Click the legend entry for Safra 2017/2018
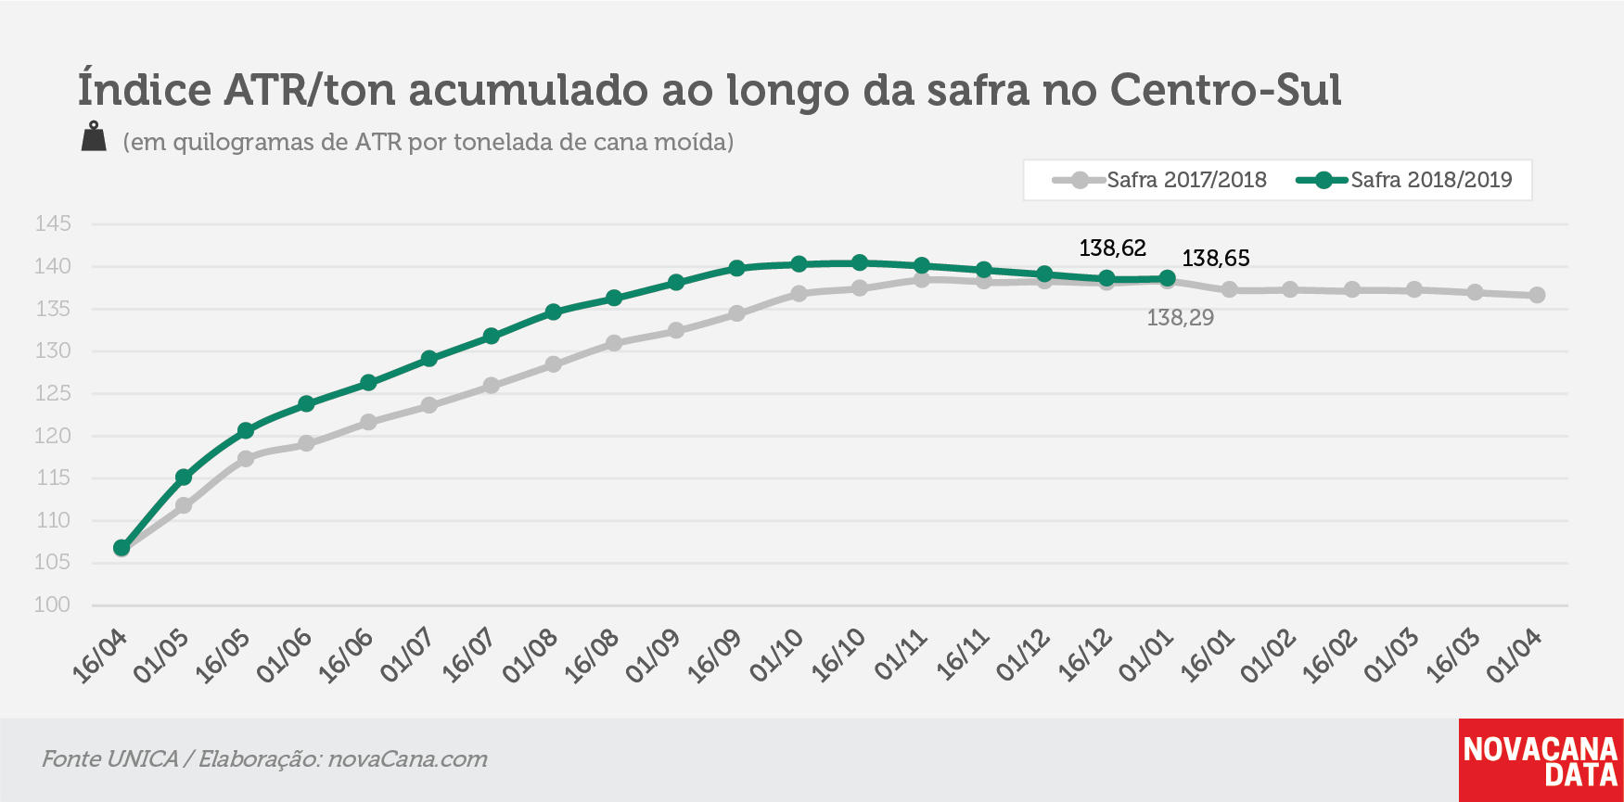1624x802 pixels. click(1159, 180)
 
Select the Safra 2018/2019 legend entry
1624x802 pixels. click(1404, 180)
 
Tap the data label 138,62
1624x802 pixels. click(1113, 248)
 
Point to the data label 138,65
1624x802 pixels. click(1216, 259)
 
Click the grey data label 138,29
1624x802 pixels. click(1181, 318)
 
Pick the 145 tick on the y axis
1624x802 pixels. click(53, 223)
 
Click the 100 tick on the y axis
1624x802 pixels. click(53, 605)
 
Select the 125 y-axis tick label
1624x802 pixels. click(53, 393)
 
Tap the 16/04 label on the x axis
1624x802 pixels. click(100, 656)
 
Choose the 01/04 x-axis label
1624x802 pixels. click(1515, 656)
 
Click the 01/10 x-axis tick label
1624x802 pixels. click(777, 656)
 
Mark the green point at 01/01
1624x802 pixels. click(1168, 278)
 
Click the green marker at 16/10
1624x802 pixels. click(860, 262)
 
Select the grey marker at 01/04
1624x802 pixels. click(1537, 295)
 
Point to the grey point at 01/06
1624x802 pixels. click(306, 443)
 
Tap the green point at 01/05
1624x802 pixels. click(184, 477)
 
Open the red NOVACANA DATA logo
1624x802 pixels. click(1541, 760)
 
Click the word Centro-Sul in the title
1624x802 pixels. click(1226, 90)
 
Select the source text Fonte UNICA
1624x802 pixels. click(109, 759)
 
